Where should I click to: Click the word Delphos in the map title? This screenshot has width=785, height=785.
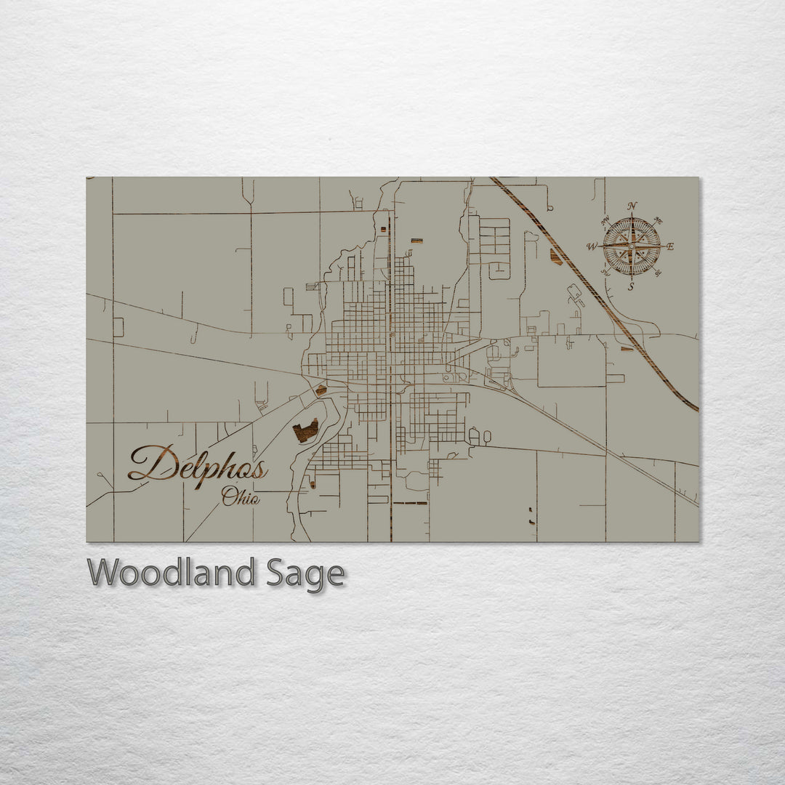click(198, 465)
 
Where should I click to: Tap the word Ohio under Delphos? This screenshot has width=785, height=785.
click(241, 498)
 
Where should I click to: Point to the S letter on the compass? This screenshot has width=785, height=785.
click(631, 286)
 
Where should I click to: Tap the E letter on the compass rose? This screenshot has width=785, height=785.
click(669, 246)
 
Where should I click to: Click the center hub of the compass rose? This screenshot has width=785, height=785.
click(632, 246)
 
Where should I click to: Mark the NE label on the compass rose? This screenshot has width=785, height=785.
click(659, 220)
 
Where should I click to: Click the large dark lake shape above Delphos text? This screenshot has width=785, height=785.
click(305, 431)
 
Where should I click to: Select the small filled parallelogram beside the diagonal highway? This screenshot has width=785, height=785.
click(556, 256)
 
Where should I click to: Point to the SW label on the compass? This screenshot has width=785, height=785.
click(605, 273)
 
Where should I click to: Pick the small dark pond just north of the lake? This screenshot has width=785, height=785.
click(321, 390)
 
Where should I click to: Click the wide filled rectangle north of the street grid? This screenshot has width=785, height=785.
click(416, 240)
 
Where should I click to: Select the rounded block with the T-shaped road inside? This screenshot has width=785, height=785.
click(498, 270)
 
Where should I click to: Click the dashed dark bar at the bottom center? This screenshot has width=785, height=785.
click(411, 503)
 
